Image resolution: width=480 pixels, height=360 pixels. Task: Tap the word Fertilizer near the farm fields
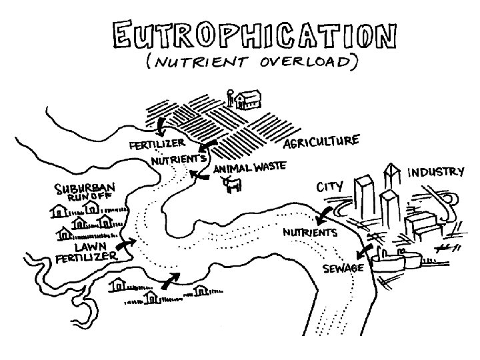click(x=157, y=144)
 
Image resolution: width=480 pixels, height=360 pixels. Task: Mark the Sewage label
click(x=343, y=268)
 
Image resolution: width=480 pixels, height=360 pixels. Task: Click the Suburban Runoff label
click(x=84, y=192)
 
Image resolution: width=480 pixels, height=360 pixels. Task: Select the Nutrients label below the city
click(x=310, y=233)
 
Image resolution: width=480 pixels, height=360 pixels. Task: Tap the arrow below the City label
click(x=323, y=215)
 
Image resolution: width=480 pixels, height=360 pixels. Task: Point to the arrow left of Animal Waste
click(x=197, y=175)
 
